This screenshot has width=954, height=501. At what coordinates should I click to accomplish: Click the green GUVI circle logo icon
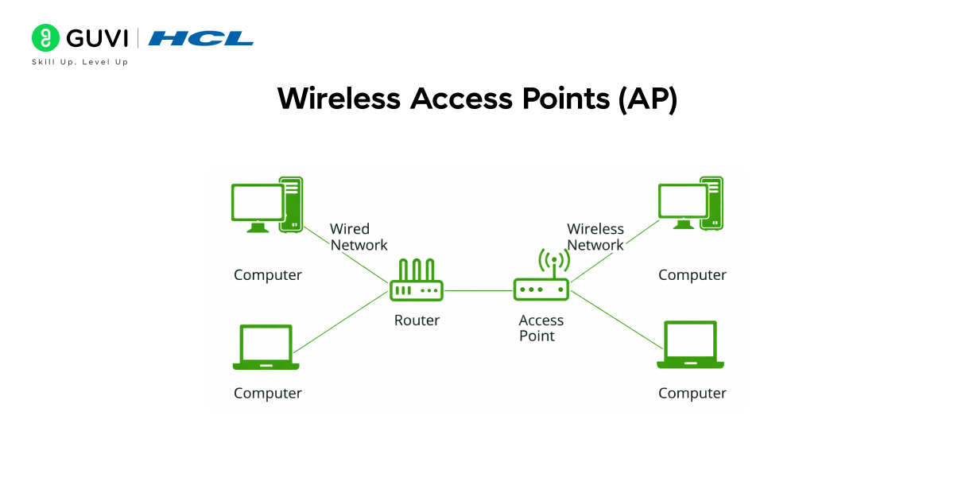point(45,37)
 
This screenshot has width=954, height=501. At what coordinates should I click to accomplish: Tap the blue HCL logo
point(200,38)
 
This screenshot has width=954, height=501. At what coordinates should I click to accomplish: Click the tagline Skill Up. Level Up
point(79,62)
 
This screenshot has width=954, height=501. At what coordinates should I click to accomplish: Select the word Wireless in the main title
point(339,99)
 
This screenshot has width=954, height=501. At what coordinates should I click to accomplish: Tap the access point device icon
point(541,288)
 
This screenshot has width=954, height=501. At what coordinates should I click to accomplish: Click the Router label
point(417,320)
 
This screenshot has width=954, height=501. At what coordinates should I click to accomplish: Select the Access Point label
point(541,328)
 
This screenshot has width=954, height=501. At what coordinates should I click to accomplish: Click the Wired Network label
point(359,237)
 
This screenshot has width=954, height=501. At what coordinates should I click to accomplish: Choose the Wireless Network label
point(595,237)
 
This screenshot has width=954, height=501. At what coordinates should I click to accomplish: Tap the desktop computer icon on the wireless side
point(690,204)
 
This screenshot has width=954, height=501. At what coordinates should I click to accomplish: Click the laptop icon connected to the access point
point(690,345)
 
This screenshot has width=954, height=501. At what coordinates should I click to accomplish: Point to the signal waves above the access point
point(554,258)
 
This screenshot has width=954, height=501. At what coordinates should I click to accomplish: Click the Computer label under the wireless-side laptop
point(692,393)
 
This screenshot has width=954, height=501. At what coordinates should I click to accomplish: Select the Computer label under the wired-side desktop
point(268,275)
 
